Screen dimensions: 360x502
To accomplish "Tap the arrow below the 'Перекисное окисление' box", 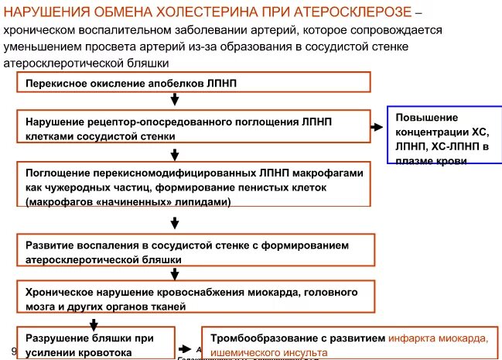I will [x=177, y=100].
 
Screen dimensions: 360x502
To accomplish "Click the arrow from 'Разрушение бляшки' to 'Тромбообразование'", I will [x=186, y=349].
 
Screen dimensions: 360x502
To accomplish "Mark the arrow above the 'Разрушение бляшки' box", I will [x=93, y=324].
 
